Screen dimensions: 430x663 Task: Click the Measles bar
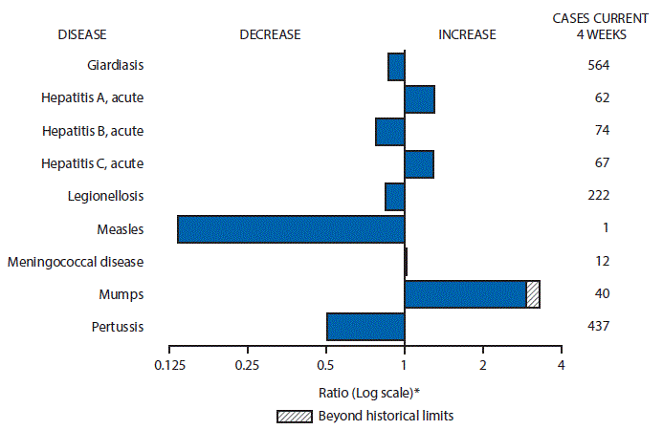[x=291, y=229]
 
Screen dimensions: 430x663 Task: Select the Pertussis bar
[x=365, y=327]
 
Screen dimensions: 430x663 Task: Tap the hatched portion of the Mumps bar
[x=533, y=294]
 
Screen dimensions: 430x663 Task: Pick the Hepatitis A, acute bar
[x=419, y=99]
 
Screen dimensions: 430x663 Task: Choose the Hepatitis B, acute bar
[x=389, y=132]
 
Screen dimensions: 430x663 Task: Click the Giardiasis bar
[x=396, y=67]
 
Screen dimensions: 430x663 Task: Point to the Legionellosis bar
[x=394, y=197]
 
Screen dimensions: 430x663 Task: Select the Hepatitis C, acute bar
[x=419, y=164]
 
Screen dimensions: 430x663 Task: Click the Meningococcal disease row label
[x=85, y=261]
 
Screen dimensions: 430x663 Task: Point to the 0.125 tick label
[x=168, y=365]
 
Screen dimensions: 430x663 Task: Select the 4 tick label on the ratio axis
[x=561, y=365]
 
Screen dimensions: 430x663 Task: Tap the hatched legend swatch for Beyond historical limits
[x=291, y=416]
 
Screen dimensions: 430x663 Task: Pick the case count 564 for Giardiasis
[x=599, y=66]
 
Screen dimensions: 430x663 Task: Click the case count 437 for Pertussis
[x=599, y=326]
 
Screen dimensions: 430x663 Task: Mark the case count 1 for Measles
[x=600, y=228]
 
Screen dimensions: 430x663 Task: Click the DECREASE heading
[x=270, y=34]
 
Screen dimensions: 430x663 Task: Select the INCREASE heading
[x=467, y=34]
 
